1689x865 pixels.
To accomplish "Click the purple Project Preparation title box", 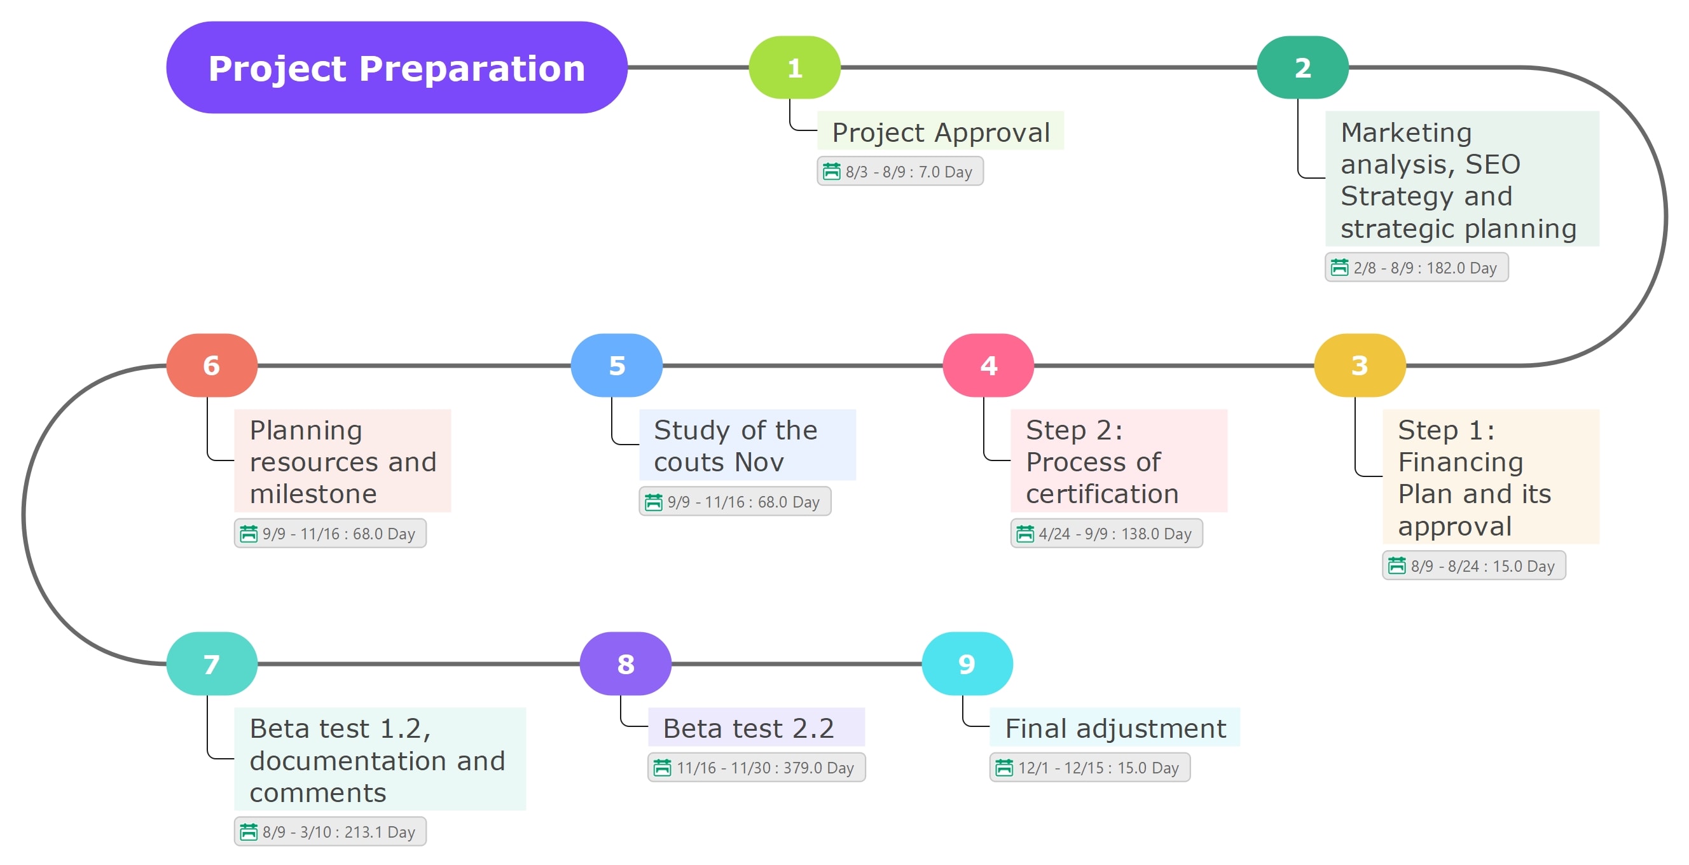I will tap(396, 67).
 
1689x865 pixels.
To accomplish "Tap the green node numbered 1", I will tap(794, 67).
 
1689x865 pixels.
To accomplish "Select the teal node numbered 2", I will tap(1302, 67).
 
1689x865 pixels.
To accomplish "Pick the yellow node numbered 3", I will tap(1359, 365).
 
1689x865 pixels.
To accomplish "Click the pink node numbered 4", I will tap(988, 365).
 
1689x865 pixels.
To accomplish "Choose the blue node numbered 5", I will tap(616, 365).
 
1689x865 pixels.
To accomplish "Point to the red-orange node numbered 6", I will tap(211, 365).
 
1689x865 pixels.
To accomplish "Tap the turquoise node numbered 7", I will tap(211, 663).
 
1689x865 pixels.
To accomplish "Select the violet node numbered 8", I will tap(626, 663).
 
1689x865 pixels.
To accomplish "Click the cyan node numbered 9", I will tap(967, 663).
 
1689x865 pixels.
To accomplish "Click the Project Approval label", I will tap(941, 132).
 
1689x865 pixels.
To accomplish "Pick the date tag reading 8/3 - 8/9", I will tap(900, 172).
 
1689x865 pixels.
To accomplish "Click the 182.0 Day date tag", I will tap(1416, 268).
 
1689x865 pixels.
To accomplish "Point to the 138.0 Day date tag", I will tap(1106, 534).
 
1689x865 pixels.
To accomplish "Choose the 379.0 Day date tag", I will tap(756, 767).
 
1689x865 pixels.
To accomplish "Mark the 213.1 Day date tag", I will tap(330, 831).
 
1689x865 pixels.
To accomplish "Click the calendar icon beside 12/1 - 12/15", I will tap(1004, 767).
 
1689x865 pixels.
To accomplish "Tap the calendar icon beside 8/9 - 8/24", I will tap(1396, 565).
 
